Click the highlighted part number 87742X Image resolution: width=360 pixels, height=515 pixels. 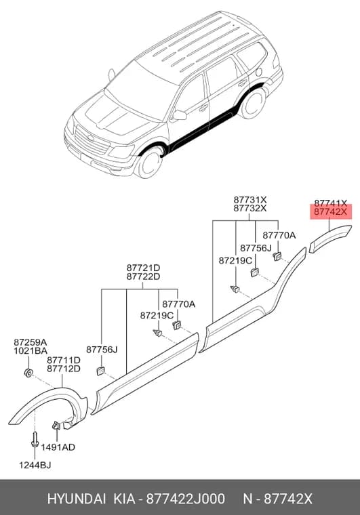point(330,212)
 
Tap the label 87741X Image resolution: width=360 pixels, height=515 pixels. point(330,203)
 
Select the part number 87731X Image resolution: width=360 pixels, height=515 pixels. point(250,200)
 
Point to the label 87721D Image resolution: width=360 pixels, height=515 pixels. point(143,268)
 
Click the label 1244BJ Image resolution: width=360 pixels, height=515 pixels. point(35,465)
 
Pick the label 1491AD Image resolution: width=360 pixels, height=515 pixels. point(58,447)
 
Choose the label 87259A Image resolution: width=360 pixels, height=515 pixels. point(31,342)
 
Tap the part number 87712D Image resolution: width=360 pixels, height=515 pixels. point(64,369)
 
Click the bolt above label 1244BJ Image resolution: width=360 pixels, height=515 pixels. point(35,440)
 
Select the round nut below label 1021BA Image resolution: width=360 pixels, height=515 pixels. point(28,373)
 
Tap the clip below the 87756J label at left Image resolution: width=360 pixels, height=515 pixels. point(100,371)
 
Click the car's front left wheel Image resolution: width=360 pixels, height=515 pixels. point(149,162)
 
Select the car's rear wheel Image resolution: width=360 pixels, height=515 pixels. point(253,103)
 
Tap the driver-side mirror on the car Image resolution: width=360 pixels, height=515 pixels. point(180,115)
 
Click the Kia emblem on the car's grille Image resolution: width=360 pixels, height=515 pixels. point(91,138)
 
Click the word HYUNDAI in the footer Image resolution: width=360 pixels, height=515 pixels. point(77,499)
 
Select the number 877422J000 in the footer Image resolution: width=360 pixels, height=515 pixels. point(186,499)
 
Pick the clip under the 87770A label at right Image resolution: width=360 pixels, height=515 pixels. point(277,255)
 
